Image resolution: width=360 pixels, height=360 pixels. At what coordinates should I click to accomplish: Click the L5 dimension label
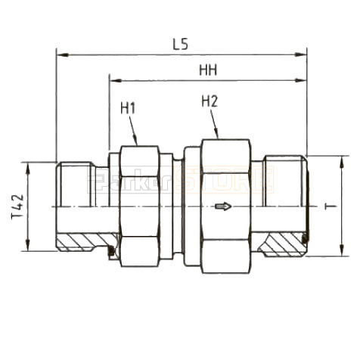click(180, 45)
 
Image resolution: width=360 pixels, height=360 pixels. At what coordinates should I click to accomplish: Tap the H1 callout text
click(128, 108)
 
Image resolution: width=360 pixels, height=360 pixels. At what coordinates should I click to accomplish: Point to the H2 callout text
click(209, 100)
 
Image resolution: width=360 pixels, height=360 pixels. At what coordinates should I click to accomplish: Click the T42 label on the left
click(17, 206)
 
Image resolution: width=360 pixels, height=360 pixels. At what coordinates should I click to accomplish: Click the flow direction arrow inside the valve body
click(222, 206)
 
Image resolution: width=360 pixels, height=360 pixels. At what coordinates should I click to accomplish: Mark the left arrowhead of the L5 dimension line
click(61, 54)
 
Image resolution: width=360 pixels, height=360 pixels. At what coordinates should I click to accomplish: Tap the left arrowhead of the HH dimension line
click(114, 79)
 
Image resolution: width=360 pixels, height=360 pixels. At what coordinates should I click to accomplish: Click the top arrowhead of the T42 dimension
click(28, 166)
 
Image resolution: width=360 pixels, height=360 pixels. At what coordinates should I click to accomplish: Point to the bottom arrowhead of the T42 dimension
click(28, 247)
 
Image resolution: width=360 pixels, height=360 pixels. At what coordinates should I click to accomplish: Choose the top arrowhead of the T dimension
click(342, 160)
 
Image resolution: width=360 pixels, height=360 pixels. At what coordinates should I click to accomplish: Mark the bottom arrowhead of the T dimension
click(342, 252)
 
